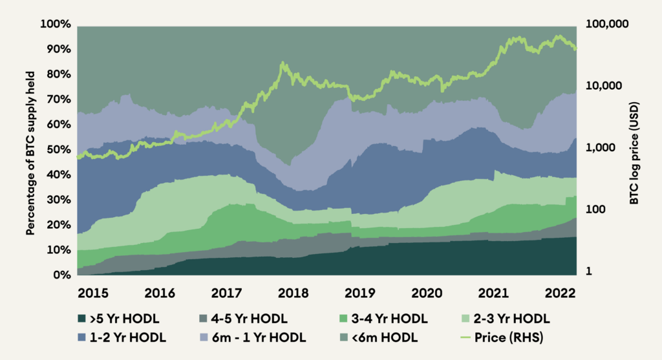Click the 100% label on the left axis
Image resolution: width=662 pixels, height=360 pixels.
[x=56, y=25]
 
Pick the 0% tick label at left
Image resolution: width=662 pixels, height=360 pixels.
[x=61, y=275]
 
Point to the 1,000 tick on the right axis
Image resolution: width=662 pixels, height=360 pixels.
[x=601, y=148]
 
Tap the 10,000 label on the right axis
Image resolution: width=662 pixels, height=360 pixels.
[x=604, y=86]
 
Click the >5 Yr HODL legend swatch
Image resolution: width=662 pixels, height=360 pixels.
[x=81, y=319]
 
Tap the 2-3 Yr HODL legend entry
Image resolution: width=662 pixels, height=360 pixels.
[x=514, y=319]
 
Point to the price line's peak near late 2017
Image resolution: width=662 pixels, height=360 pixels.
[x=283, y=63]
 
